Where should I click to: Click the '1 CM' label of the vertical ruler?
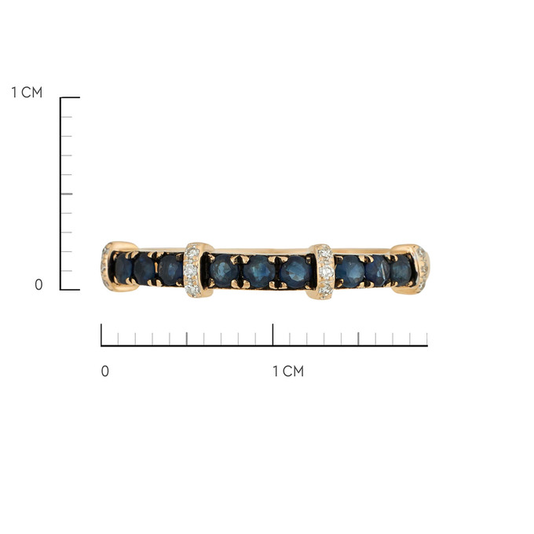click(27, 93)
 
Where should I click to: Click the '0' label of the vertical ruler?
click(38, 285)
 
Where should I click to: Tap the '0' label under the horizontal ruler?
click(105, 371)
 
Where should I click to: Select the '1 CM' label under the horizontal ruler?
click(288, 371)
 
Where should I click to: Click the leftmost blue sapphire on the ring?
click(123, 269)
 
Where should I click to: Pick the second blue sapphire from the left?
click(144, 269)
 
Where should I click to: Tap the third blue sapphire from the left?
click(170, 269)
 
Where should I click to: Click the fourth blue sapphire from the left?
click(224, 270)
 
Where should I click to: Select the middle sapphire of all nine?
click(259, 272)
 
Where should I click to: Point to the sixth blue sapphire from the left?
click(295, 272)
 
